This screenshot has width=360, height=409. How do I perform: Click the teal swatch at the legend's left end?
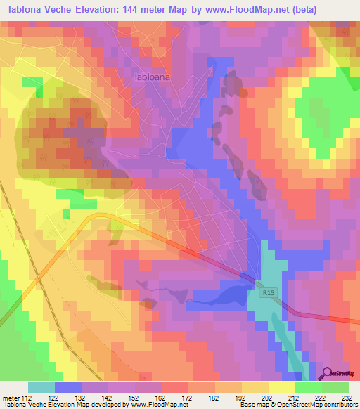(x=41, y=387)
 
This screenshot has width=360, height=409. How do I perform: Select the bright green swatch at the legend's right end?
(x=335, y=387)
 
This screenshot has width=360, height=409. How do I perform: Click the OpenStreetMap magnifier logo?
(x=328, y=373)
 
